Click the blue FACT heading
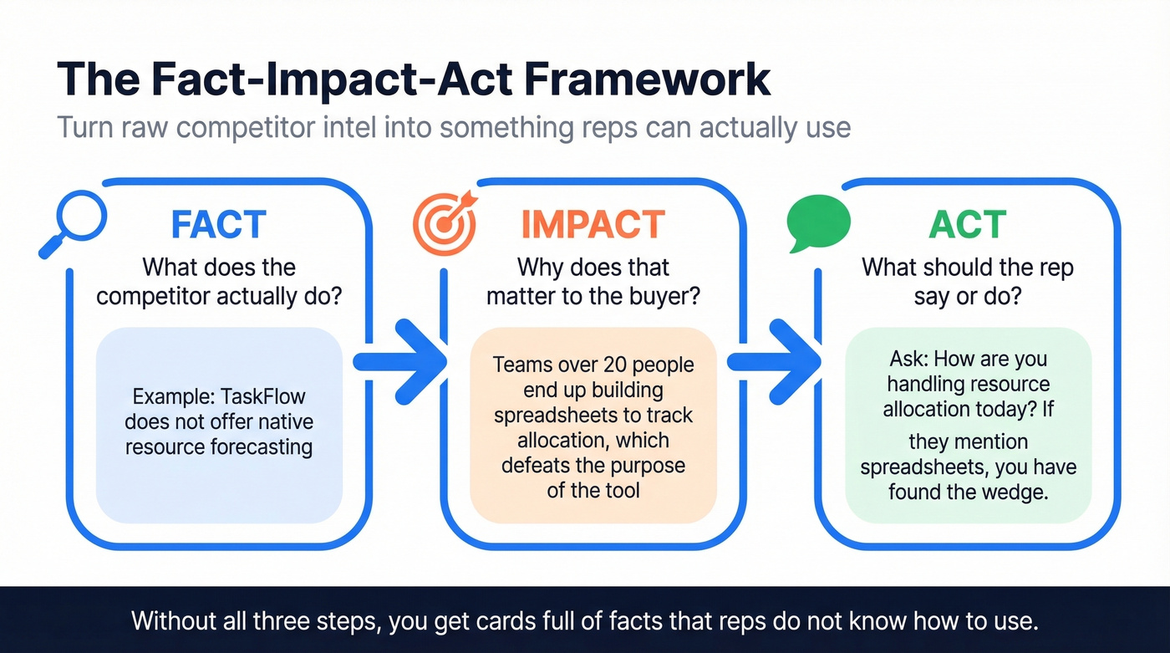point(219,226)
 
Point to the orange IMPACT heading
point(593,226)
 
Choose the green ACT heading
point(968,226)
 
